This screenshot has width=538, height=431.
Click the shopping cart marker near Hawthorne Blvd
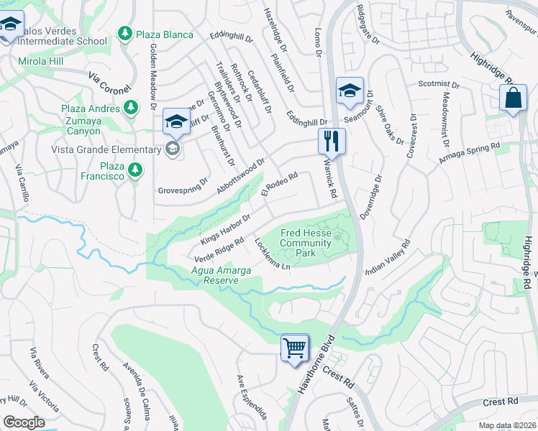(x=295, y=348)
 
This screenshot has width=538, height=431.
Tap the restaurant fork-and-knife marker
(x=332, y=140)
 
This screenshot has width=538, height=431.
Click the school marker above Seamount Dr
(x=350, y=91)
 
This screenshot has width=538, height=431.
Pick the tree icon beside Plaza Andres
(x=130, y=107)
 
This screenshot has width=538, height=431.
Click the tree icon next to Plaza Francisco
(x=134, y=170)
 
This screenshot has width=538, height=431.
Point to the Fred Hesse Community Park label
(x=306, y=244)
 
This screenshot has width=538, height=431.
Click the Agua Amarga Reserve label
(x=214, y=275)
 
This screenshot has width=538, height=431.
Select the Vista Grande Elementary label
(x=106, y=149)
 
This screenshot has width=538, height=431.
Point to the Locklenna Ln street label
(x=273, y=255)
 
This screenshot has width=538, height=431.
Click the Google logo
(x=24, y=422)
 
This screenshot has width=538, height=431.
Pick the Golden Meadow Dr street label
(x=153, y=75)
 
